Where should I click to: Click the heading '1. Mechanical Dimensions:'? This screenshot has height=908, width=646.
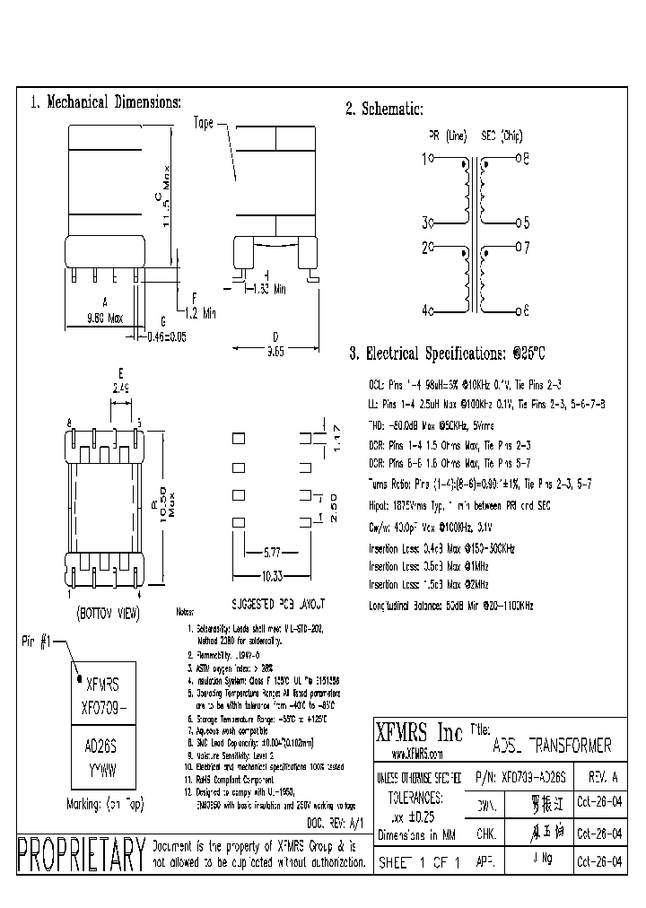click(106, 102)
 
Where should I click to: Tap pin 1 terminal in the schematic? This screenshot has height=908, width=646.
click(432, 159)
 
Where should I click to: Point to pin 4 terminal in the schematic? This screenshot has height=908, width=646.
click(432, 310)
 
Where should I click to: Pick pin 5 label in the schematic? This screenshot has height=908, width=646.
click(526, 223)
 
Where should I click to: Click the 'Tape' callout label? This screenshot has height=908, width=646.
click(203, 124)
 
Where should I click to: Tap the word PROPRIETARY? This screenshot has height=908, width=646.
click(81, 855)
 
